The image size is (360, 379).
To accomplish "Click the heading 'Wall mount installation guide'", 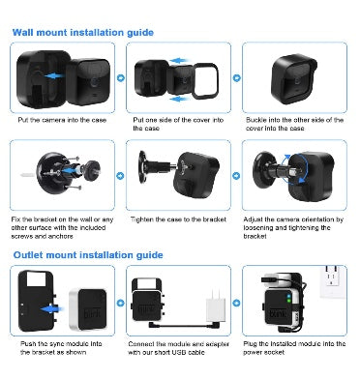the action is (x=83, y=33).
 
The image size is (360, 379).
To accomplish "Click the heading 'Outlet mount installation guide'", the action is (x=88, y=255).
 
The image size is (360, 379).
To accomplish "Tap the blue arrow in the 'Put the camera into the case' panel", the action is (x=54, y=76).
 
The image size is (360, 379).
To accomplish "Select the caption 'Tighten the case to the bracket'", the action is (x=178, y=219).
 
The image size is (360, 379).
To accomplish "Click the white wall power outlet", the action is (x=332, y=281).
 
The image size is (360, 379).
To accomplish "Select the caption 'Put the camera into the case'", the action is (x=62, y=120).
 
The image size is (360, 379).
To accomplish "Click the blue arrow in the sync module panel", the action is (x=51, y=309).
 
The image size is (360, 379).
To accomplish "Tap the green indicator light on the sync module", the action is (x=289, y=301).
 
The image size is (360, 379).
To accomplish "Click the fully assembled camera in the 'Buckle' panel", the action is (x=294, y=79).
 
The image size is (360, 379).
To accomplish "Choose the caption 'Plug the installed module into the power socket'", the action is (x=294, y=348).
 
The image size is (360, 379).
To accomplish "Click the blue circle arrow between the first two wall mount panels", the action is (x=121, y=78).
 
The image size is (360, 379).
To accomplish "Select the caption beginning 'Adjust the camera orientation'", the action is (x=293, y=228).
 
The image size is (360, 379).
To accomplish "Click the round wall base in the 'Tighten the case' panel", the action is (x=142, y=167).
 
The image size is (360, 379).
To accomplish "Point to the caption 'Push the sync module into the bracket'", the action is (x=61, y=348).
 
